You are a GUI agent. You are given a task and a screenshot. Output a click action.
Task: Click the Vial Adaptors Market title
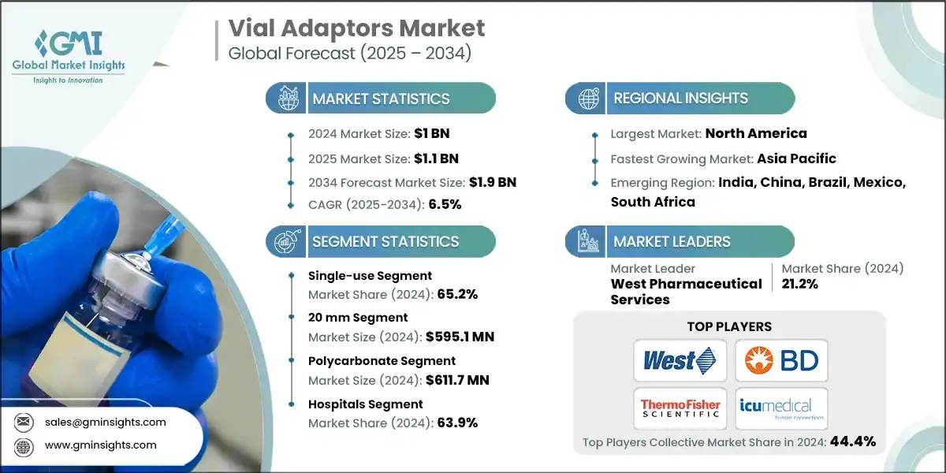(356, 29)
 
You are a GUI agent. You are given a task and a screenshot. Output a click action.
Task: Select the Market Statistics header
(381, 99)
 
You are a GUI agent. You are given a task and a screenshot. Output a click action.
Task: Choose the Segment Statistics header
(385, 242)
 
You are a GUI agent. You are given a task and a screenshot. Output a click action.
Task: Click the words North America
(755, 133)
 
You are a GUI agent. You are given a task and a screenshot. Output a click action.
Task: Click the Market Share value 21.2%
(799, 284)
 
